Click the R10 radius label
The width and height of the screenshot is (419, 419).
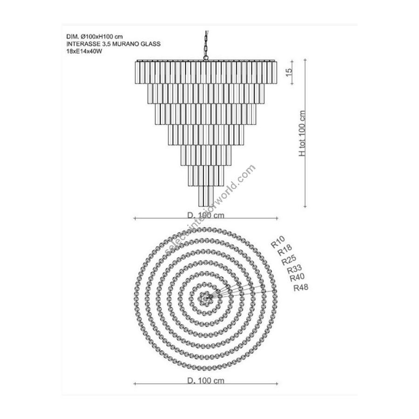[278, 242]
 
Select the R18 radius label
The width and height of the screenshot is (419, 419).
[285, 250]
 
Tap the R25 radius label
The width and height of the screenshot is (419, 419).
[289, 260]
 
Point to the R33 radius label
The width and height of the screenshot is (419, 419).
[295, 269]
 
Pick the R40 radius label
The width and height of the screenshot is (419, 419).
[297, 277]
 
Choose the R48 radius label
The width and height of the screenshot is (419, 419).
[301, 288]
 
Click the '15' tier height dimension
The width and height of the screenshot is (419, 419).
[289, 73]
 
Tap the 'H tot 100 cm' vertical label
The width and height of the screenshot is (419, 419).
[302, 133]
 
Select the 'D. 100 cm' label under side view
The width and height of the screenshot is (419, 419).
[206, 215]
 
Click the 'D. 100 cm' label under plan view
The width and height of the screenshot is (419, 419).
[206, 380]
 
